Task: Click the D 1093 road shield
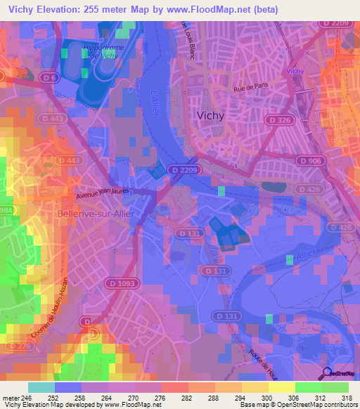point(122,283)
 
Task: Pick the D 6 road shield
point(49,78)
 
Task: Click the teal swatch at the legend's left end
point(41,387)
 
